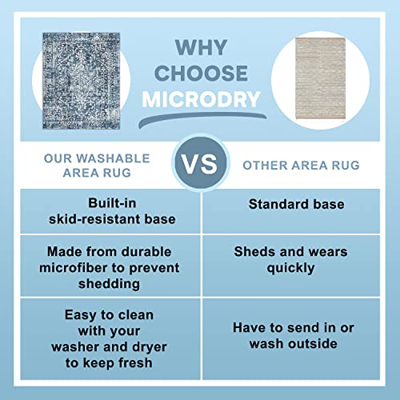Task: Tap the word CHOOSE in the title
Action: point(201,72)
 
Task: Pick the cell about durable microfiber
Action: point(102,267)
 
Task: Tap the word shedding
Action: point(102,283)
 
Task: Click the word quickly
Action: point(290,268)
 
